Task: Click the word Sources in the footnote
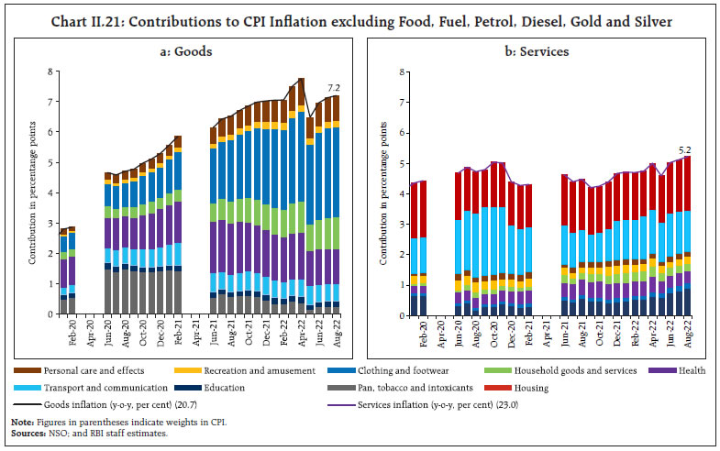[x=25, y=432]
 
